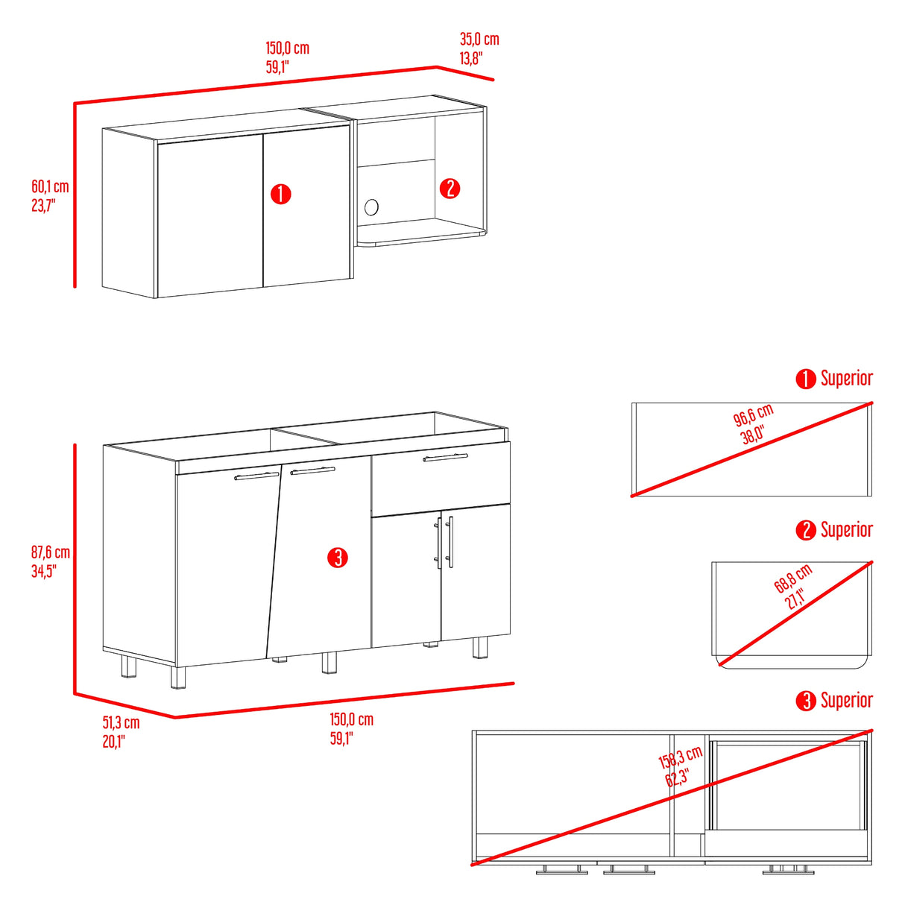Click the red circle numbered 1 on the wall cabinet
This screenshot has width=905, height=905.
click(x=281, y=194)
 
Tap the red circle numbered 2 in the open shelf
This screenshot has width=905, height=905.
click(x=450, y=189)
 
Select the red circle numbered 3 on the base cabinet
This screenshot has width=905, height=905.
click(x=338, y=558)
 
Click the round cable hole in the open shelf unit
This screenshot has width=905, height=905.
click(x=371, y=206)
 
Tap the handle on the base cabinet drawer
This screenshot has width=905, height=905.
click(x=445, y=457)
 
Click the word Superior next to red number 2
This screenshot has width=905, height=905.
click(x=847, y=530)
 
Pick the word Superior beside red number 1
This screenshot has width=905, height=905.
click(x=847, y=378)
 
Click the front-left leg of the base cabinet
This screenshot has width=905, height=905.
click(x=177, y=677)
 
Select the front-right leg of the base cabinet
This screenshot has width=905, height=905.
click(x=480, y=647)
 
